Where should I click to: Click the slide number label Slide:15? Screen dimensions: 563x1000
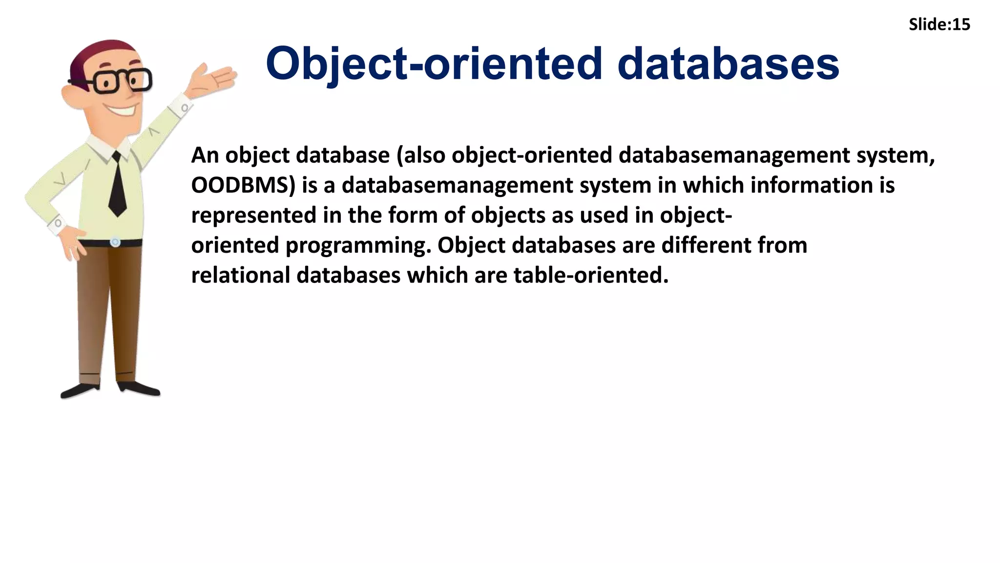click(x=939, y=24)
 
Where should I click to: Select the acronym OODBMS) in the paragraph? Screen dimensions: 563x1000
click(x=243, y=186)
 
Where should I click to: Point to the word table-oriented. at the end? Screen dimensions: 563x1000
click(x=591, y=275)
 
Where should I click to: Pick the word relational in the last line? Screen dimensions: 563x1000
click(x=241, y=275)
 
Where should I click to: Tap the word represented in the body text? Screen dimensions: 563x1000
click(x=253, y=216)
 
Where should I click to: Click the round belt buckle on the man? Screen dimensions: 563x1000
click(x=115, y=242)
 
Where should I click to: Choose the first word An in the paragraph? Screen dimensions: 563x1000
click(x=205, y=156)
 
